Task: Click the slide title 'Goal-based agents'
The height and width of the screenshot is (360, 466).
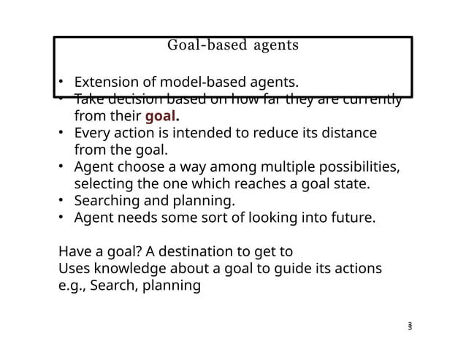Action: click(233, 45)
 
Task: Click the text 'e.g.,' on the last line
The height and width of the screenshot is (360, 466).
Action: click(74, 285)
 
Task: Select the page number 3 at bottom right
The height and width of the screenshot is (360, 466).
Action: click(410, 326)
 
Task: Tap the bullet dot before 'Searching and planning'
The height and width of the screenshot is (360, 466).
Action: click(63, 201)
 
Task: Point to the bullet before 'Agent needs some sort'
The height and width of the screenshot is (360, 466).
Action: click(63, 218)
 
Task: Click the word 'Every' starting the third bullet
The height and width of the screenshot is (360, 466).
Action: click(93, 133)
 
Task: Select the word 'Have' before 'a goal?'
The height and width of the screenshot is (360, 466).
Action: click(75, 251)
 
